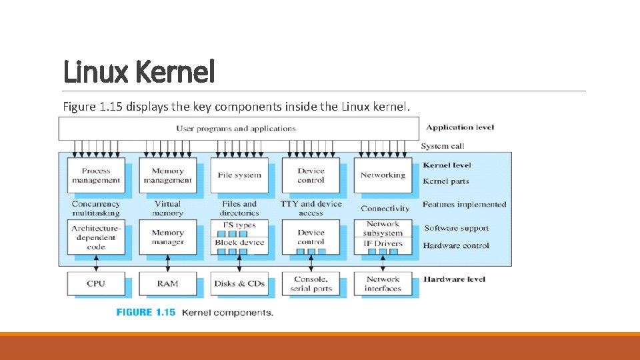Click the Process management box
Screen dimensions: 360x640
pos(96,175)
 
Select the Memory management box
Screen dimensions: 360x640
pos(167,175)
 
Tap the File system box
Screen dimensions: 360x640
pos(239,175)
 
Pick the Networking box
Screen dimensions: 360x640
pos(383,175)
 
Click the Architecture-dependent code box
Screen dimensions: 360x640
pos(96,237)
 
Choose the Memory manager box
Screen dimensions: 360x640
pos(167,237)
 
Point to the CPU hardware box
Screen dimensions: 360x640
pos(96,283)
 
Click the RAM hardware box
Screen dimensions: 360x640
pos(167,283)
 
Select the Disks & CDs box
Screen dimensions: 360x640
pos(239,283)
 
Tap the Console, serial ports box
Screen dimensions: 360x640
pos(311,283)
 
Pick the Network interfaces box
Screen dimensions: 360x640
pos(383,283)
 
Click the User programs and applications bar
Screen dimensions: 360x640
pos(237,129)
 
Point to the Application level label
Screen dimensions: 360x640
pos(460,127)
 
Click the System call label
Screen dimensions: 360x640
pos(443,146)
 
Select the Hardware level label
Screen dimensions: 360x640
pos(454,279)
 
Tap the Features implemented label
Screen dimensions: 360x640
pos(465,205)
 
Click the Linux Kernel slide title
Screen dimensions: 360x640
pos(139,71)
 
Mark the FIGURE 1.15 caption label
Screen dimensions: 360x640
pos(146,312)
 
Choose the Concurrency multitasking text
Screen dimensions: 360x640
pos(96,209)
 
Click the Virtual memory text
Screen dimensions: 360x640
pos(167,209)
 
